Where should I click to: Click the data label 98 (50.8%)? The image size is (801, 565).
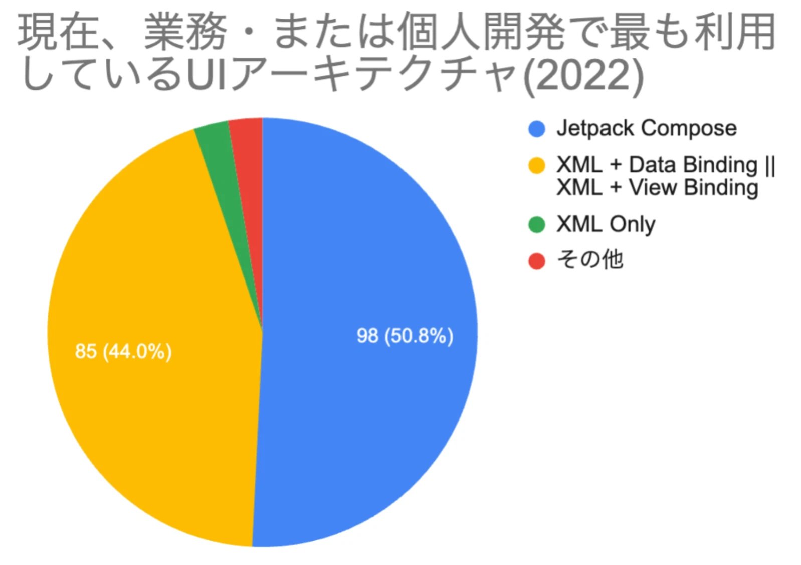click(405, 336)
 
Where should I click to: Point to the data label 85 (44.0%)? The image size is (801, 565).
click(123, 351)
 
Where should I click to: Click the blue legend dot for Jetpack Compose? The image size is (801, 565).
click(536, 129)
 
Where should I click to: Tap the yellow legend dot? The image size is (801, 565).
click(536, 165)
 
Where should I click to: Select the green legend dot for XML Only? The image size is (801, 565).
click(536, 224)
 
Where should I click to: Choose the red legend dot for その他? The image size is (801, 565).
click(536, 261)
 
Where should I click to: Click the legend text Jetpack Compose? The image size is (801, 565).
click(646, 128)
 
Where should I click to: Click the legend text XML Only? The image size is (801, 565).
click(606, 224)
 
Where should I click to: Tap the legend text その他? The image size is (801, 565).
click(590, 260)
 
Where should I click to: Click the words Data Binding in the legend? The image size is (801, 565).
click(693, 165)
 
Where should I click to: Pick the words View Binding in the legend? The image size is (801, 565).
click(693, 188)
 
